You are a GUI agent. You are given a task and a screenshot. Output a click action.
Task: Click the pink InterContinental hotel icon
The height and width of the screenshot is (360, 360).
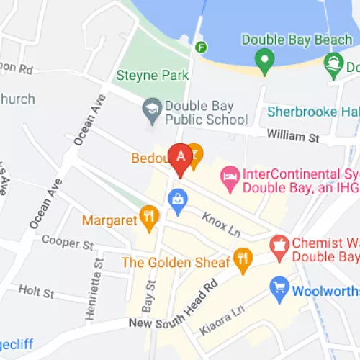230,176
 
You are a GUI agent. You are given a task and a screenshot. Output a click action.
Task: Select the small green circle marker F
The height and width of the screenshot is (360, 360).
202,48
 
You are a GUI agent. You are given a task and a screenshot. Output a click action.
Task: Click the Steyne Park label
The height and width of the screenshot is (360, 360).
152,75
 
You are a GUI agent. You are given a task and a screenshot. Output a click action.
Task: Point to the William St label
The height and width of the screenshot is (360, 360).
290,135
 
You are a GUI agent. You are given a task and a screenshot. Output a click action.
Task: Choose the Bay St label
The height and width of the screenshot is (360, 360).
150,295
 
